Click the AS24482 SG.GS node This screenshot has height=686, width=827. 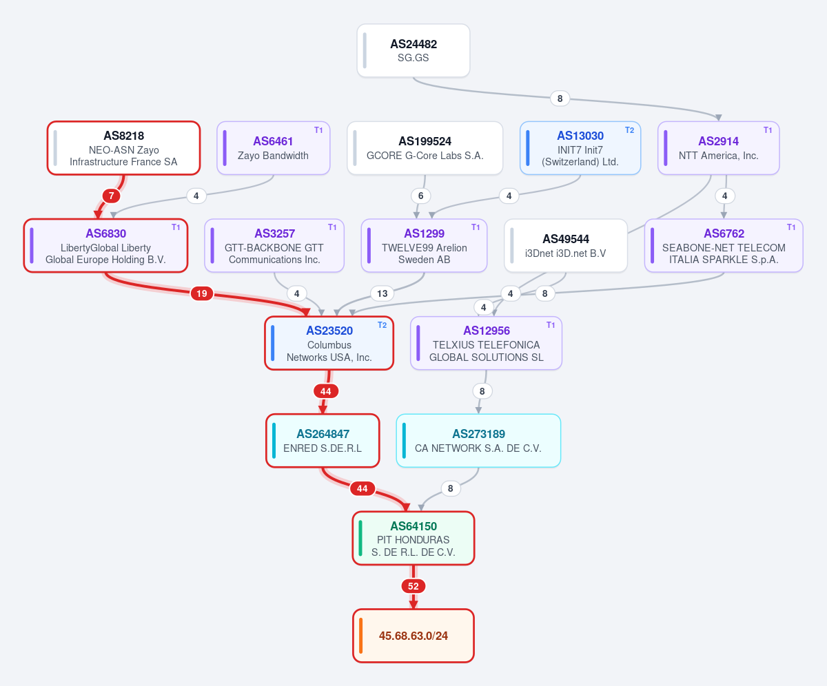413,50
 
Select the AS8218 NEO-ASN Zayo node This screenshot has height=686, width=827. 123,148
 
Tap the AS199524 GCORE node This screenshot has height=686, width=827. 425,148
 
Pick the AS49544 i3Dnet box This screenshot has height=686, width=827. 566,245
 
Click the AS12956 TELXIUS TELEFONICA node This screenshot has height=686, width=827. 486,343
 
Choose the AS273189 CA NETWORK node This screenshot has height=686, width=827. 478,441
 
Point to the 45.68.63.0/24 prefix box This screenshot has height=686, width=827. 413,636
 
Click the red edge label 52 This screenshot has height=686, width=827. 413,586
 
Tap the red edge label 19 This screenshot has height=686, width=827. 202,293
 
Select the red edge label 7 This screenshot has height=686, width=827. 111,196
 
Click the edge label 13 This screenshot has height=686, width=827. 382,293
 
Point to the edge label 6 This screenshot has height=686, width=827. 420,196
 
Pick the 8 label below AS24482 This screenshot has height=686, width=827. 560,98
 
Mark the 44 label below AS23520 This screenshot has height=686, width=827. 325,391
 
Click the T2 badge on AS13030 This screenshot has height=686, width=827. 629,130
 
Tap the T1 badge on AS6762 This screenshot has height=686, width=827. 791,227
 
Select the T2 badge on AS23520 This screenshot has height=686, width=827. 382,325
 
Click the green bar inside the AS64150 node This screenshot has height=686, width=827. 360,539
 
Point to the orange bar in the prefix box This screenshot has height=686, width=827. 361,636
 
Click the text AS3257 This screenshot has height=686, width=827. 274,233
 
